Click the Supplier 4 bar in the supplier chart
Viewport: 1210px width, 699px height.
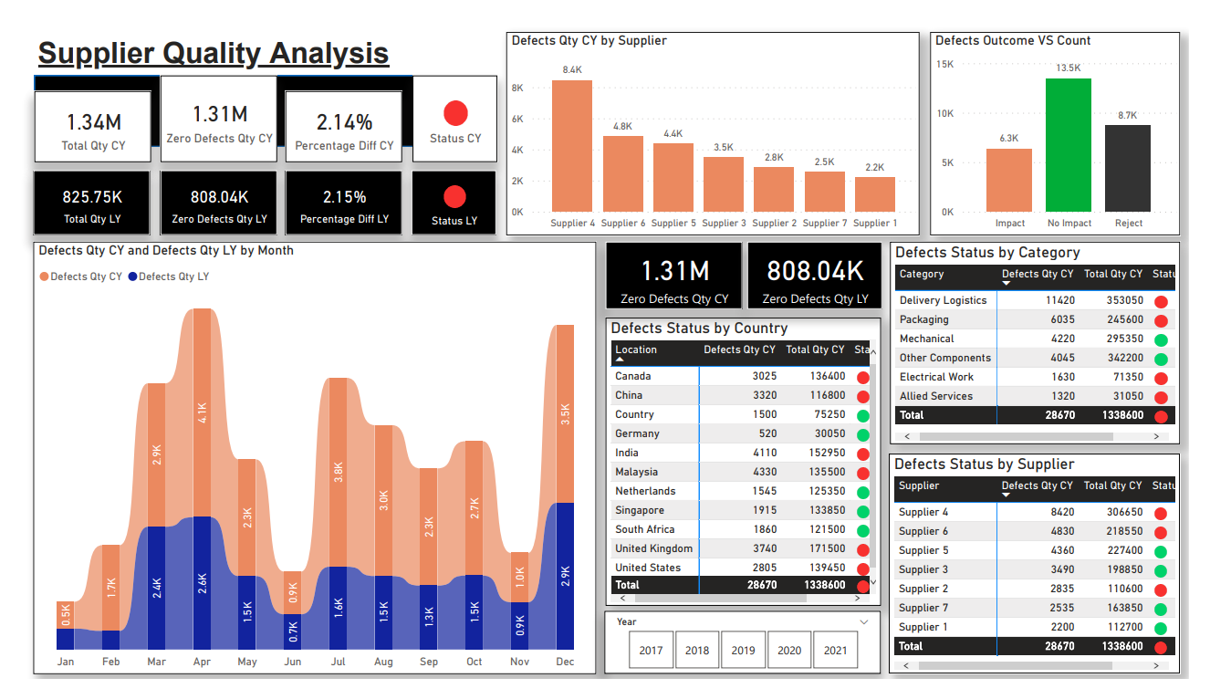pos(572,146)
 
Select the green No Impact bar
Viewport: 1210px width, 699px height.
pos(1069,145)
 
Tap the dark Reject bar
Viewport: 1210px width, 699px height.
pos(1128,168)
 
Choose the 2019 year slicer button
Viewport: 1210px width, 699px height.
pos(744,651)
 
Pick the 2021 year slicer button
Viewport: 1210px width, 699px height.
pos(836,651)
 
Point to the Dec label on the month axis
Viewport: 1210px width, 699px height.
pos(565,662)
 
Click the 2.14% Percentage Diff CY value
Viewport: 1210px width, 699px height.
pos(344,121)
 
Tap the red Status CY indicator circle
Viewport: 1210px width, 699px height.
pos(455,113)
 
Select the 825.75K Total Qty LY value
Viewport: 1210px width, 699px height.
pos(92,197)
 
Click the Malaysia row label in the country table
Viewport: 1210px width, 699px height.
pos(636,472)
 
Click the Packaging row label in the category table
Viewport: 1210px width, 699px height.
pos(924,319)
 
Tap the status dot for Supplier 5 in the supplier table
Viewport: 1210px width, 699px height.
pos(1161,551)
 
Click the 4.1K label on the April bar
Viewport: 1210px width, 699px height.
pos(203,413)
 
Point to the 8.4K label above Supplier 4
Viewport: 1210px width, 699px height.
pos(572,69)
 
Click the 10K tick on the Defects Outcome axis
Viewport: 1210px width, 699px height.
pos(945,114)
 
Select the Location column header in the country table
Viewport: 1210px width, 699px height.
pos(636,349)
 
